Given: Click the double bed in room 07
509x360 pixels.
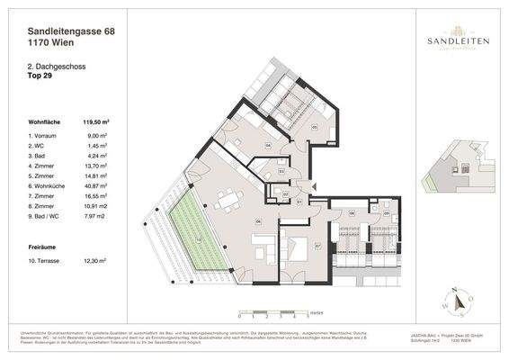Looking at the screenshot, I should (295, 244).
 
